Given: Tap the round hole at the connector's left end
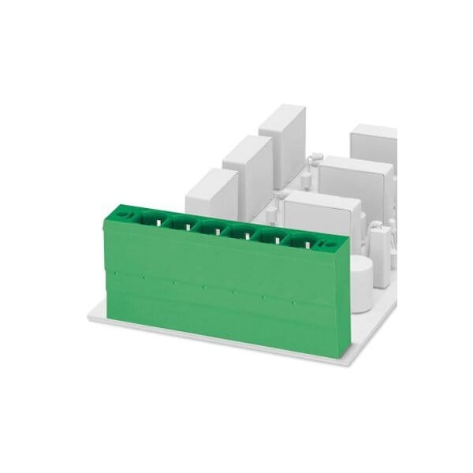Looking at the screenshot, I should [x=123, y=212].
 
